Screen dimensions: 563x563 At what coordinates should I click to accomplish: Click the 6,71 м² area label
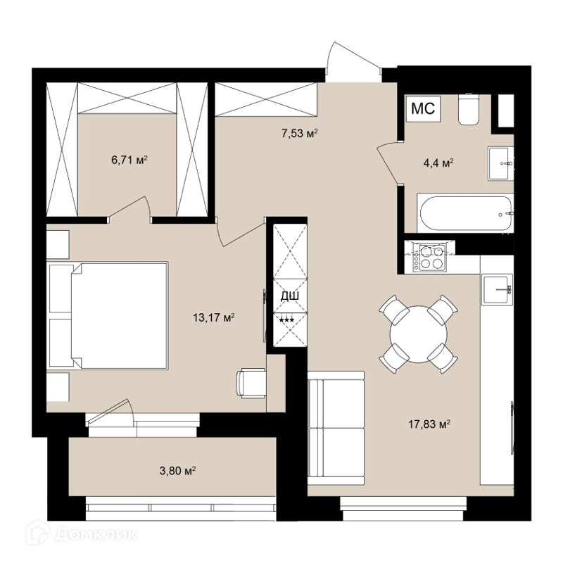coord(129,160)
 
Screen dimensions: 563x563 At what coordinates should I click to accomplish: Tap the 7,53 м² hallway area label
coord(300,134)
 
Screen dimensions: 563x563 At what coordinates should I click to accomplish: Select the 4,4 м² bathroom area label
coord(438,163)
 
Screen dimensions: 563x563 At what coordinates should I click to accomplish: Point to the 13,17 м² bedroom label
coord(214,318)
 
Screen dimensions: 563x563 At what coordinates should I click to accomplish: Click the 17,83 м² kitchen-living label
coord(429,424)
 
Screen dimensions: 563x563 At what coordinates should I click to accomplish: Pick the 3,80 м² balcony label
coord(177,470)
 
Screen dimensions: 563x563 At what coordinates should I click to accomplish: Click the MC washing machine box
coord(423,108)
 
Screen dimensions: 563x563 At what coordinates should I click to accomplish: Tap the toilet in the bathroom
coord(469,110)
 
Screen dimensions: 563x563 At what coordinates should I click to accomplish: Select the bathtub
coord(465,214)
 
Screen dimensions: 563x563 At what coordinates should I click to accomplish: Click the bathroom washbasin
coord(500,163)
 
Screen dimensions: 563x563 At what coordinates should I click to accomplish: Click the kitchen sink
coord(497,289)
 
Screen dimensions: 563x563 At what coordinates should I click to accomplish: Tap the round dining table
coord(419,334)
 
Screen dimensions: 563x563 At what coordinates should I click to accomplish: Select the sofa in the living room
coord(336,429)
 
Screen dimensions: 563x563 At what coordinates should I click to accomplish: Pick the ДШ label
coord(290,296)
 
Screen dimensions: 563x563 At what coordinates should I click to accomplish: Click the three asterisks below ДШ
coord(287,320)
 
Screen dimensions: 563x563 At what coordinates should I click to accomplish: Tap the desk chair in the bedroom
coord(251,383)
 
